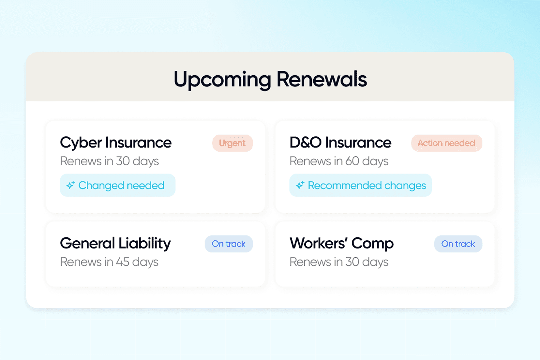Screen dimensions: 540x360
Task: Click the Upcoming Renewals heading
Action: [x=270, y=79]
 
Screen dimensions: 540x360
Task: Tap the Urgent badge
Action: [x=232, y=143]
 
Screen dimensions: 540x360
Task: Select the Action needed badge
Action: [x=446, y=143]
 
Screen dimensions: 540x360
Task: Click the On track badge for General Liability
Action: [x=229, y=244]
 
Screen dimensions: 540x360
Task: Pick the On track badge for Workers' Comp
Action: [x=458, y=244]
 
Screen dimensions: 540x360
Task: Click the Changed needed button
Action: [x=118, y=185]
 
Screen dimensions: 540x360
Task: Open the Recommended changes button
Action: [x=361, y=185]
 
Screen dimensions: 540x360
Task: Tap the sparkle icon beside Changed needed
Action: [x=71, y=185]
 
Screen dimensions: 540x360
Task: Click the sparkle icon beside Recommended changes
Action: [x=300, y=185]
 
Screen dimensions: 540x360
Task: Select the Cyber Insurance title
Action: [x=116, y=143]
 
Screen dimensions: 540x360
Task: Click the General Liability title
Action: [x=115, y=244]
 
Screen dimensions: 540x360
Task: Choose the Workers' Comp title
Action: [x=342, y=244]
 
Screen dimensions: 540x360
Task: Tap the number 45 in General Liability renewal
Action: [x=123, y=262]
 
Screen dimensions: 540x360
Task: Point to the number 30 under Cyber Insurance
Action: [x=123, y=161]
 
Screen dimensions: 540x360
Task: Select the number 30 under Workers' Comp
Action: [x=352, y=262]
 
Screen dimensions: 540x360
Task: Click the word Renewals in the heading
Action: [x=322, y=79]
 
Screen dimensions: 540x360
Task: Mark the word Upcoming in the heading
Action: [x=222, y=80]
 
